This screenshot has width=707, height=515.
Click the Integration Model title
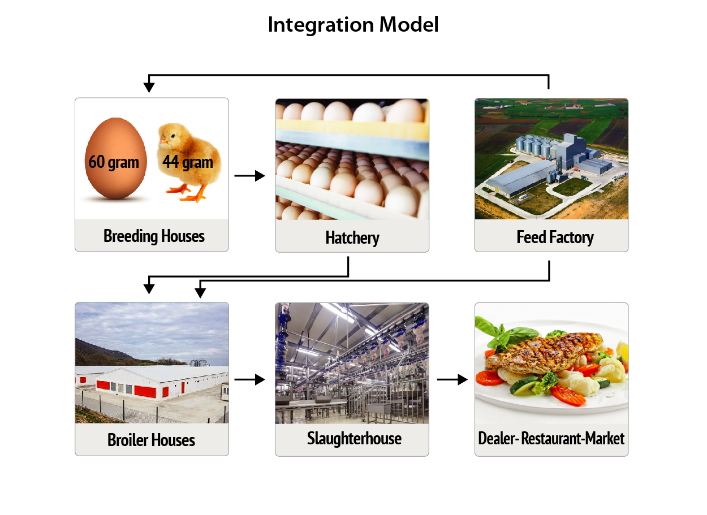(x=353, y=25)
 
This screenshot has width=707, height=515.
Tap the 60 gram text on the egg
(x=114, y=162)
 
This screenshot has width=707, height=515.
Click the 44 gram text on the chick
(x=188, y=162)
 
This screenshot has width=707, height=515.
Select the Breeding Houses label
(x=154, y=236)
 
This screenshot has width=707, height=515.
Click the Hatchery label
(x=352, y=238)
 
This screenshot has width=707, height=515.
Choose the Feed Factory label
(x=555, y=237)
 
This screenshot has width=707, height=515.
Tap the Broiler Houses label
(x=151, y=440)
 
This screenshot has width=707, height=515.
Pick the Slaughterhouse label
(x=354, y=439)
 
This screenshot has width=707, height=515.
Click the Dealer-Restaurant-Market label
(x=551, y=439)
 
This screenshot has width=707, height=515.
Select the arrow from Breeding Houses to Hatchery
(x=249, y=176)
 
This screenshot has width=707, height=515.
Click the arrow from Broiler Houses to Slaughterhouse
(x=249, y=380)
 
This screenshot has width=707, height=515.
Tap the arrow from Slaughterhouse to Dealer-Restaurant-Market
(x=452, y=380)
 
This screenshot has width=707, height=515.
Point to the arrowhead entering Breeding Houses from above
(x=149, y=88)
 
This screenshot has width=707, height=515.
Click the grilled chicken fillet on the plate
(x=545, y=353)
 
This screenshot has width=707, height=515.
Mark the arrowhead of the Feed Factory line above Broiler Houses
(x=200, y=293)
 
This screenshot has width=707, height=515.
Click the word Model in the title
(x=409, y=24)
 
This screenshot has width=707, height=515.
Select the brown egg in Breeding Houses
(x=116, y=159)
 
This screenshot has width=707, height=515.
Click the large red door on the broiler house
(x=145, y=391)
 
